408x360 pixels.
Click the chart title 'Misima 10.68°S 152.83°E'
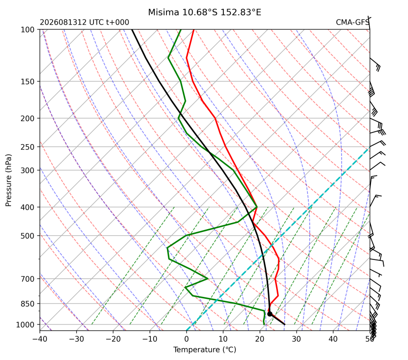click(x=204, y=12)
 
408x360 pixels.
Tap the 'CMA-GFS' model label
click(x=352, y=22)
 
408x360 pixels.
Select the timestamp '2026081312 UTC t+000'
click(x=84, y=22)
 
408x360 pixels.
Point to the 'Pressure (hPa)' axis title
click(x=9, y=180)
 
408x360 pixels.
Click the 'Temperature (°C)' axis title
click(x=205, y=350)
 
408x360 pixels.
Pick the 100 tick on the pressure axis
click(x=28, y=30)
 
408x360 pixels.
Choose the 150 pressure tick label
click(x=28, y=82)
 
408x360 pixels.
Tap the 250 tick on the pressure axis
click(x=28, y=147)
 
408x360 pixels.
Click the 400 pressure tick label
click(x=28, y=207)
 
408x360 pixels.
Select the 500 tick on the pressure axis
click(x=28, y=236)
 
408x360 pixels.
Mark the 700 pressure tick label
click(x=28, y=279)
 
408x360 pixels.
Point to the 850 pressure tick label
click(x=28, y=304)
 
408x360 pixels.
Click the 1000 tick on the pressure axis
click(x=26, y=325)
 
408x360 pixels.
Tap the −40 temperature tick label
click(x=40, y=339)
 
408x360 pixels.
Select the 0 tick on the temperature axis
click(x=186, y=339)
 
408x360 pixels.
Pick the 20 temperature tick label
click(x=260, y=339)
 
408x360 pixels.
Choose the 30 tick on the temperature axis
click(x=297, y=339)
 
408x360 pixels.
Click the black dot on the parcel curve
click(x=270, y=314)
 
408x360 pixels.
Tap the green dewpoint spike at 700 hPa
click(x=207, y=278)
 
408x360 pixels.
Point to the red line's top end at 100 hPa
click(x=194, y=30)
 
